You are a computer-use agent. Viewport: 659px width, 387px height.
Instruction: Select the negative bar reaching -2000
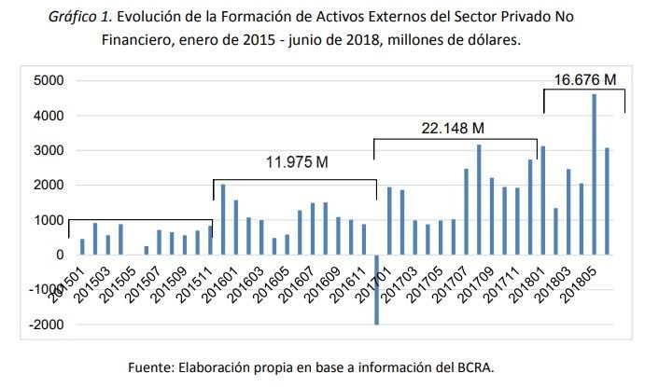(x=376, y=289)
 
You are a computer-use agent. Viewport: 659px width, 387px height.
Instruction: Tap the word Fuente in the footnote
(x=150, y=366)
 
